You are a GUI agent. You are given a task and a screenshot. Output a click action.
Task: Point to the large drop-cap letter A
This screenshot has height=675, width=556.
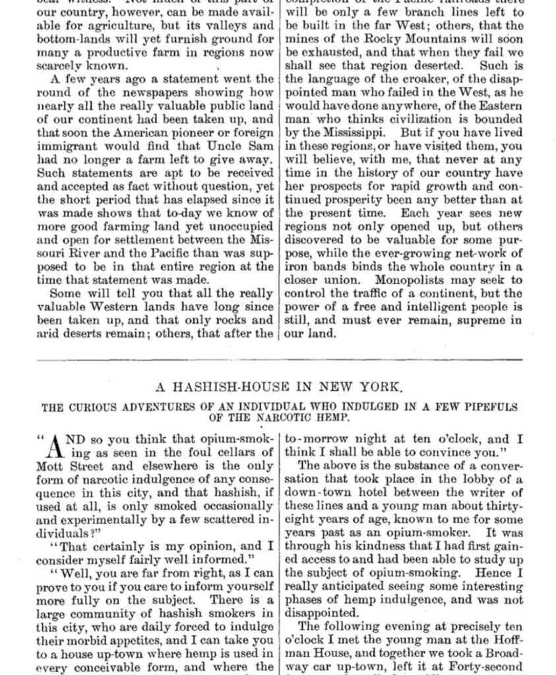pyautogui.click(x=58, y=446)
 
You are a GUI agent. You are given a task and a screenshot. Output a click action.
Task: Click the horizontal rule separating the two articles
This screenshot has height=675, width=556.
pyautogui.click(x=280, y=359)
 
